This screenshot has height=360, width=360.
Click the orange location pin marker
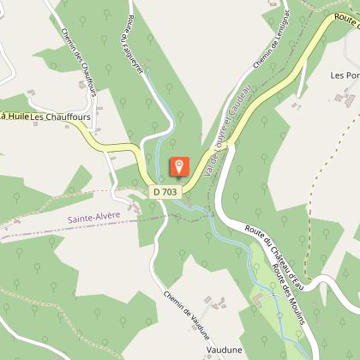pyautogui.click(x=179, y=168)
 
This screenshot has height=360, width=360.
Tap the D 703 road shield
pyautogui.click(x=166, y=193)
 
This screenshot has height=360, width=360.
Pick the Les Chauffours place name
pyautogui.click(x=61, y=116)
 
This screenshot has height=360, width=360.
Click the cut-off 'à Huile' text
pyautogui.click(x=14, y=116)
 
